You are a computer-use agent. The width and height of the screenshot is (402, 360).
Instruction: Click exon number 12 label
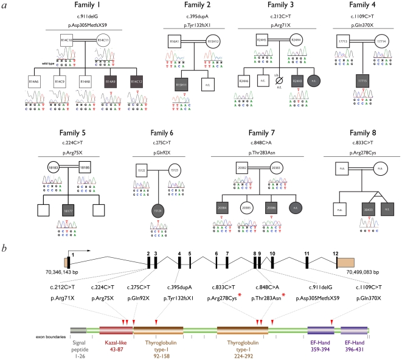pos(336,252)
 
